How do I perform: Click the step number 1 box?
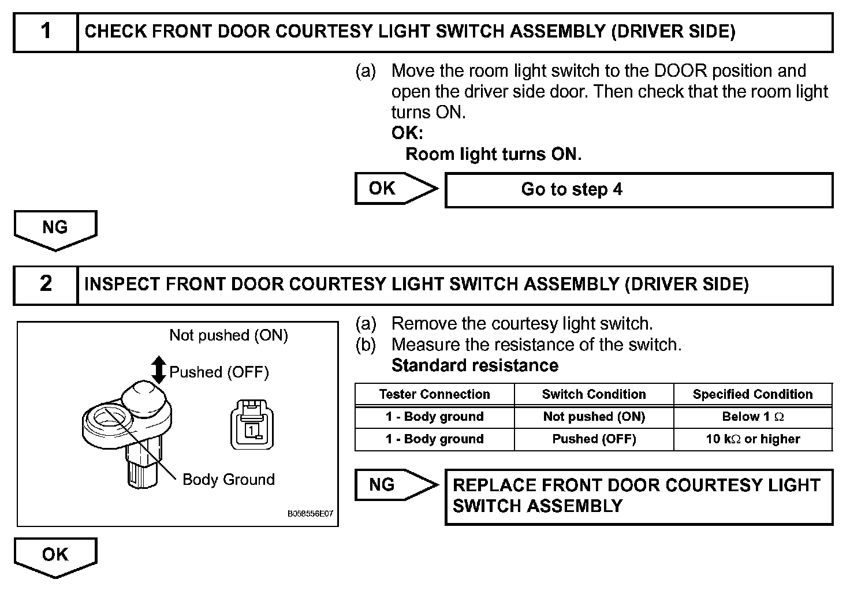pyautogui.click(x=46, y=32)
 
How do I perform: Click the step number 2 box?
pyautogui.click(x=46, y=285)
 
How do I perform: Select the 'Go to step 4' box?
pyautogui.click(x=639, y=190)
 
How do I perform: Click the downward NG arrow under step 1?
pyautogui.click(x=55, y=229)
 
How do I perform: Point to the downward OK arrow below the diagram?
pyautogui.click(x=55, y=556)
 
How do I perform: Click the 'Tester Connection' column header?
pyautogui.click(x=434, y=394)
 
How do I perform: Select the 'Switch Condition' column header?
pyautogui.click(x=594, y=394)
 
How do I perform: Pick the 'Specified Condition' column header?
pyautogui.click(x=752, y=394)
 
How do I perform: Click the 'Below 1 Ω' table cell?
pyautogui.click(x=752, y=417)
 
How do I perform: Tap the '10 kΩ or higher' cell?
pyautogui.click(x=752, y=439)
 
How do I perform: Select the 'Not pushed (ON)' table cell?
pyautogui.click(x=594, y=417)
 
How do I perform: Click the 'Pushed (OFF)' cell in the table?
pyautogui.click(x=594, y=439)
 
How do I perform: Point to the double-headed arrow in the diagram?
pyautogui.click(x=158, y=370)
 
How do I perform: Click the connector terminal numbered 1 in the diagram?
pyautogui.click(x=252, y=430)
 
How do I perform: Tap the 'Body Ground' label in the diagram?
pyautogui.click(x=228, y=480)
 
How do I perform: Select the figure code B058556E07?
pyautogui.click(x=310, y=513)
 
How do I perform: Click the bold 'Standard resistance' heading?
pyautogui.click(x=475, y=365)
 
